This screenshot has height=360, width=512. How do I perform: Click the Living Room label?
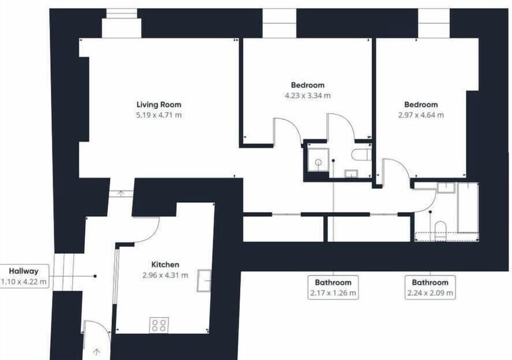[158, 105]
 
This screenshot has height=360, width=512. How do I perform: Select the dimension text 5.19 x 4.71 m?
[158, 115]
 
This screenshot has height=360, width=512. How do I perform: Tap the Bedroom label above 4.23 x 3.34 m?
[307, 85]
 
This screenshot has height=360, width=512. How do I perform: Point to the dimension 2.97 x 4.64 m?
[421, 115]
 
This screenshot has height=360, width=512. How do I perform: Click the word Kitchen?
[165, 265]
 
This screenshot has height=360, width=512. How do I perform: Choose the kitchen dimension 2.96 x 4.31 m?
[165, 275]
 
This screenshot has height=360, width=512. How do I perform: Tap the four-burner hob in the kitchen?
[159, 325]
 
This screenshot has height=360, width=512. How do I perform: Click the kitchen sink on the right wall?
[204, 281]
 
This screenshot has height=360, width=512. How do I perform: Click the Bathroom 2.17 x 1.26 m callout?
[333, 287]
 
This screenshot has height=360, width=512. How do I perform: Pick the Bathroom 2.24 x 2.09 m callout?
[430, 287]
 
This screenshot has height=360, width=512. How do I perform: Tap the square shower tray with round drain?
[318, 158]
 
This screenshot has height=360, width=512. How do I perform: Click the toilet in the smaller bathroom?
[362, 155]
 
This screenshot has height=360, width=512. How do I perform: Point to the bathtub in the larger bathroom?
[467, 208]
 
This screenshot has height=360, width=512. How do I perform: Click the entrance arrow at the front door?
[96, 351]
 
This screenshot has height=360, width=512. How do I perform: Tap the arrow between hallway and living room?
[121, 193]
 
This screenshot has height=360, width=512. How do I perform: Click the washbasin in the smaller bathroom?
[351, 173]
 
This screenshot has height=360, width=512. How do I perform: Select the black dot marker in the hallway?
[95, 276]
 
